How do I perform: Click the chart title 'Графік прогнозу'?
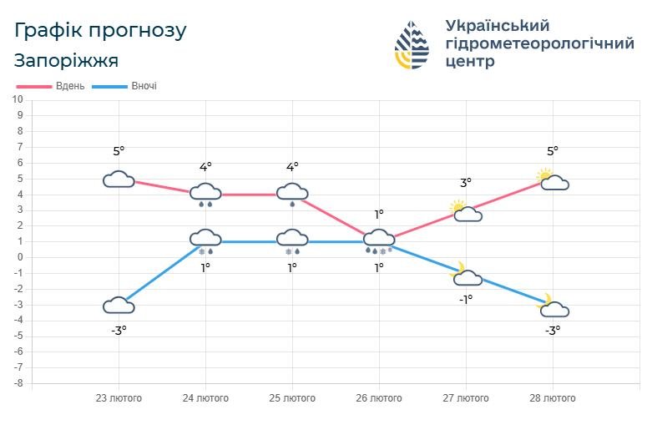(x=100, y=31)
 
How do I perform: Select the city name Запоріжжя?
(x=66, y=60)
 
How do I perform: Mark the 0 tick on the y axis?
(x=19, y=257)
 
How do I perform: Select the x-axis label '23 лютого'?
(x=119, y=398)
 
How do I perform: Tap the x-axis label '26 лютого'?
(x=379, y=398)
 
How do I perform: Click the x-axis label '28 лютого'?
(x=553, y=398)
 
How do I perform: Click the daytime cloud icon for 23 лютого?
(x=119, y=180)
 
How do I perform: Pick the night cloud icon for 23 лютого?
(x=119, y=305)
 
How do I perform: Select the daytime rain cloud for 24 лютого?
(x=205, y=194)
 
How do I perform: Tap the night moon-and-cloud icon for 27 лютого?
(x=465, y=275)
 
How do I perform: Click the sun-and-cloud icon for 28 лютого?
(x=553, y=180)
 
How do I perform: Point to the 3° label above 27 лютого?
(x=466, y=182)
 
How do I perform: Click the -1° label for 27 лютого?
(x=466, y=299)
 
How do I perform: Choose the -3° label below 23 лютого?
(x=119, y=330)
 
